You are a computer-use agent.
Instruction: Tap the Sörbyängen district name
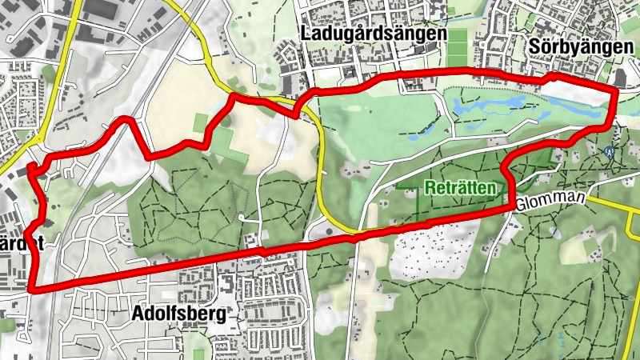pyautogui.click(x=581, y=47)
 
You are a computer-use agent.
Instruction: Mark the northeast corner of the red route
pyautogui.click(x=615, y=93)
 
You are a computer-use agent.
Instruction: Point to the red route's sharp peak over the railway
pyautogui.click(x=125, y=120)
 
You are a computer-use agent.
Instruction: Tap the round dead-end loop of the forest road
pyautogui.click(x=241, y=218)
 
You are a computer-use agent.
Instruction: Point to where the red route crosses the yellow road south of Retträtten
pyautogui.click(x=352, y=236)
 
